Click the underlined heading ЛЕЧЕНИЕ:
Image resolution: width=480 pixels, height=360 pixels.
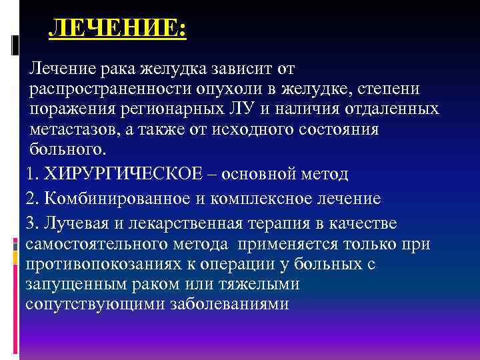click(119, 30)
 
